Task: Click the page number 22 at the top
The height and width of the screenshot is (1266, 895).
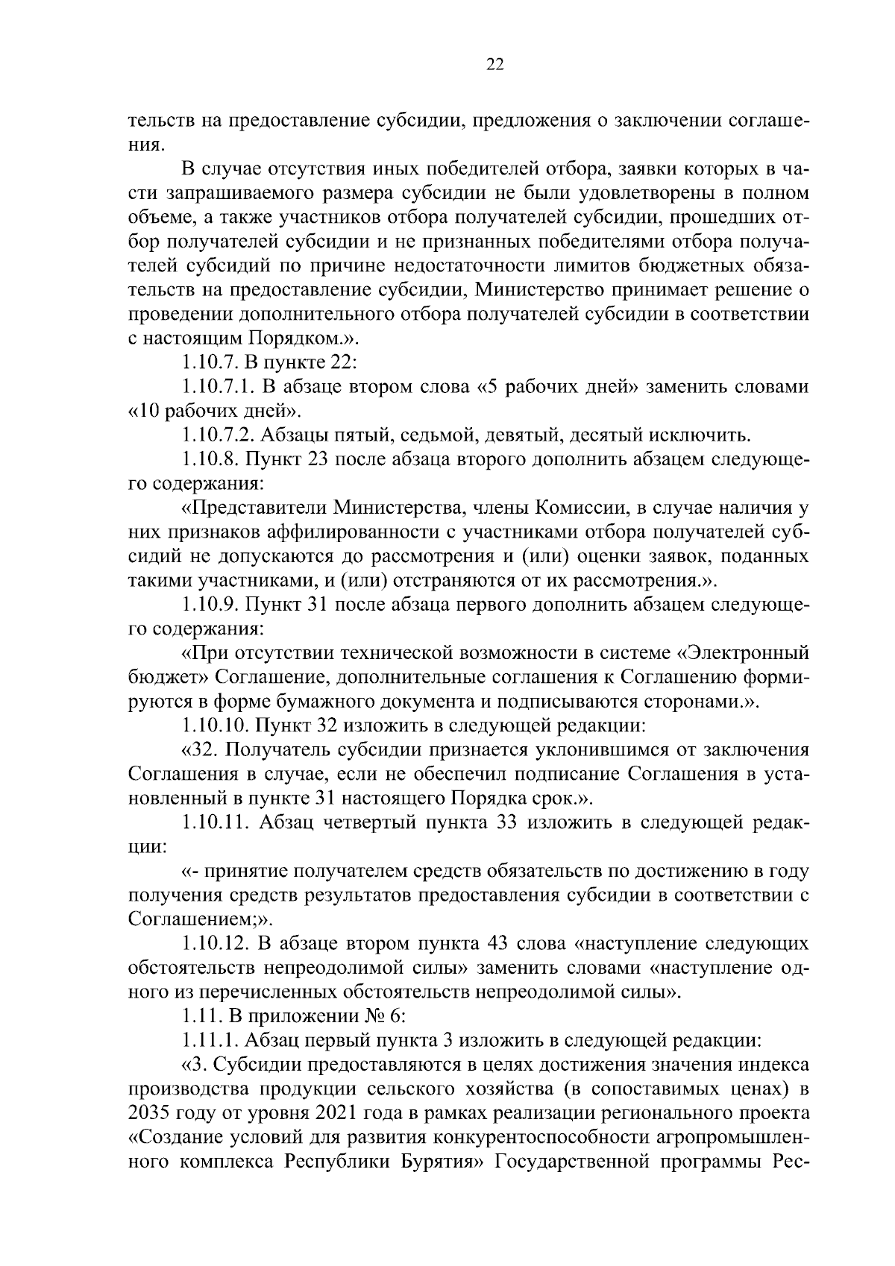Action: (495, 65)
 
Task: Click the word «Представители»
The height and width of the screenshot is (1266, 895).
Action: (254, 508)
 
